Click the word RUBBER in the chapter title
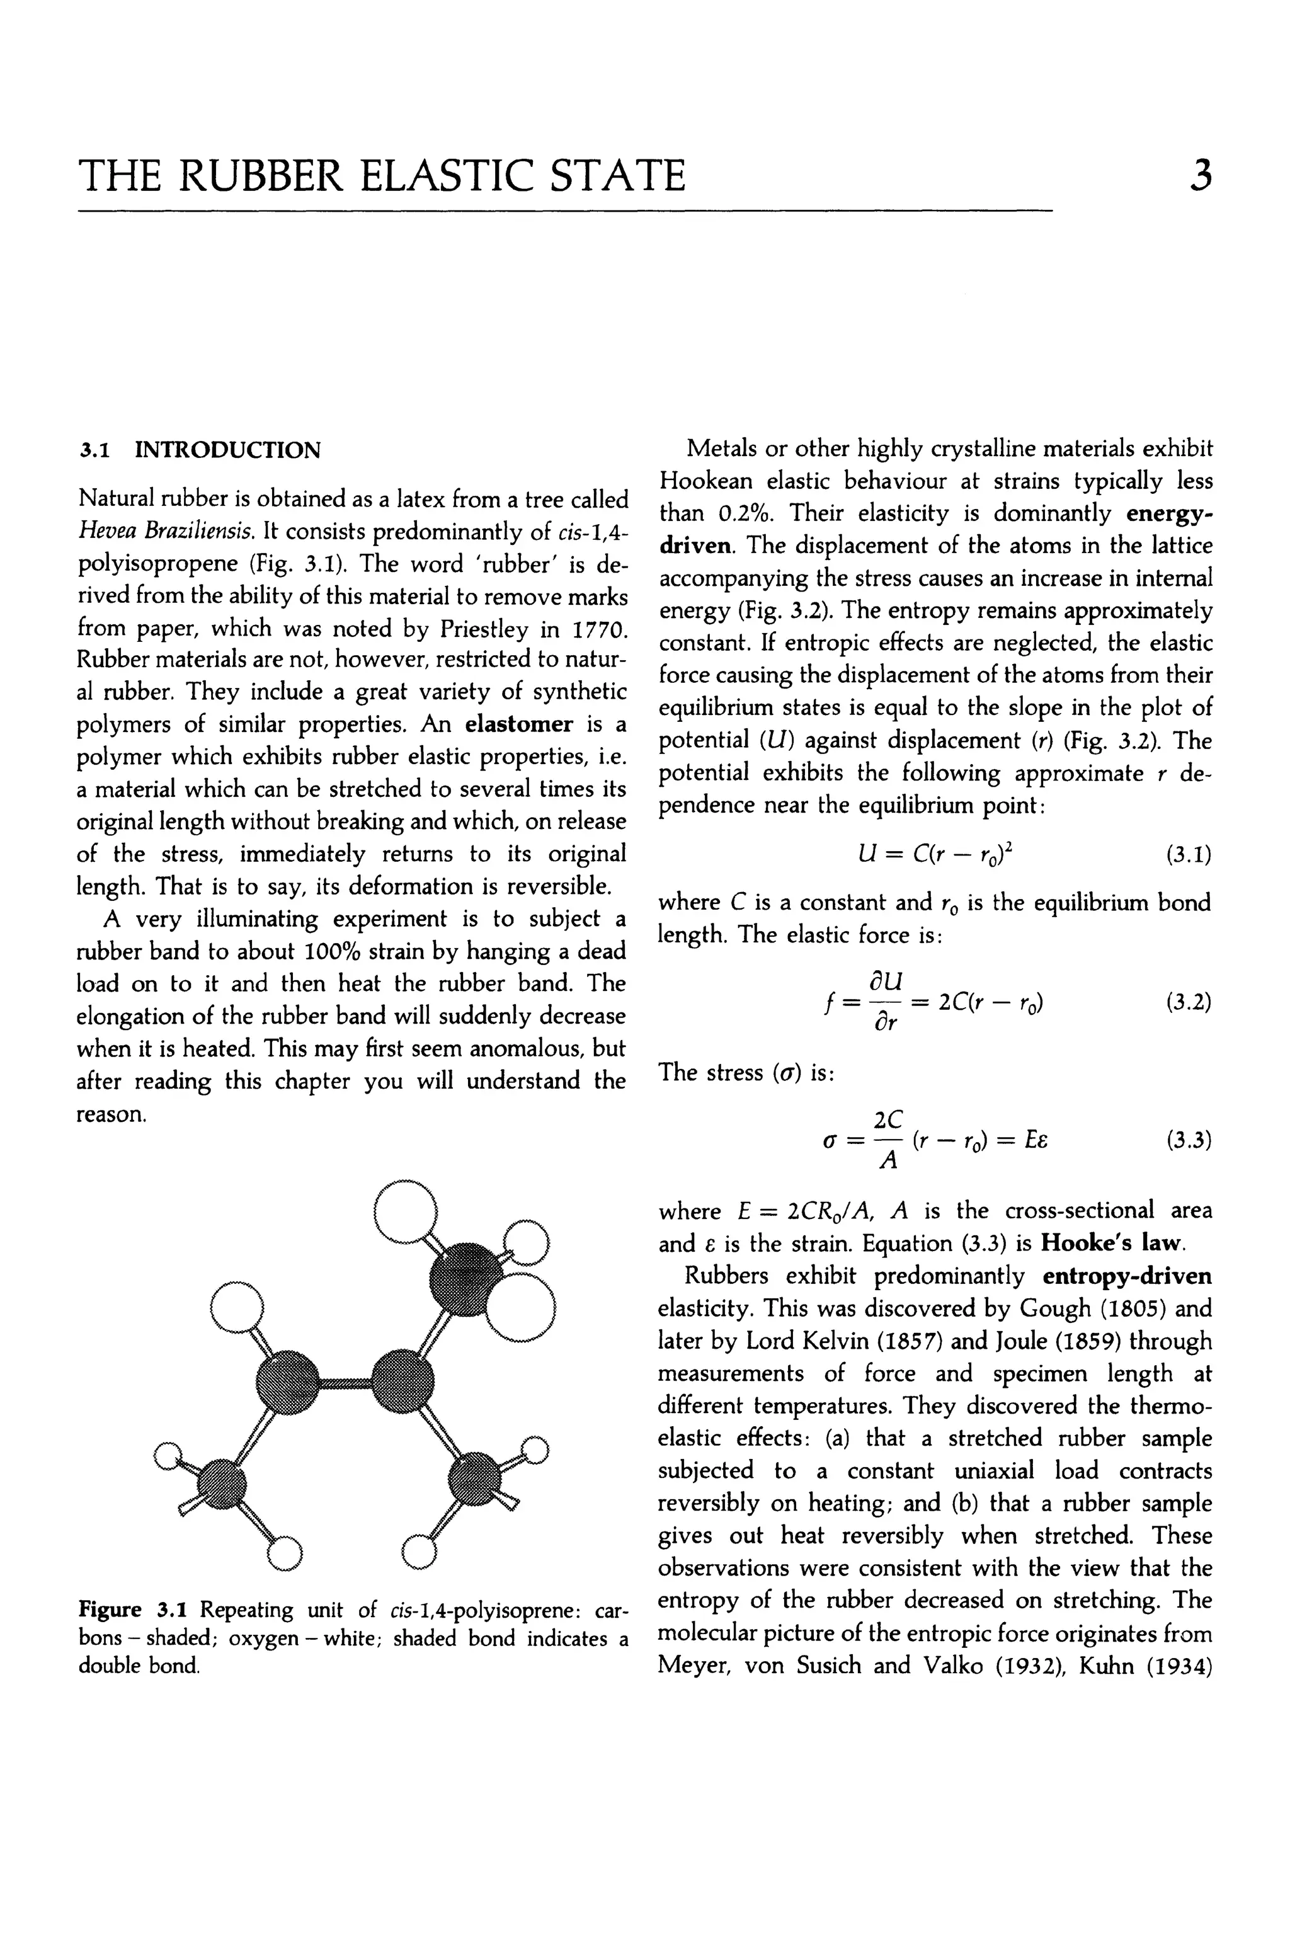pyautogui.click(x=263, y=176)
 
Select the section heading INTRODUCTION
pyautogui.click(x=228, y=451)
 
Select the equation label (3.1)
pyautogui.click(x=1188, y=856)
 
